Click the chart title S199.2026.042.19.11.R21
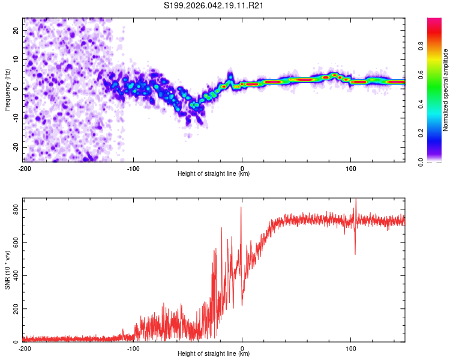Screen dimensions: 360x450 click(x=214, y=5)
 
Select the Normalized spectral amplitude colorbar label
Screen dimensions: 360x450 click(x=446, y=90)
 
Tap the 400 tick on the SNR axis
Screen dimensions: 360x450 click(x=15, y=275)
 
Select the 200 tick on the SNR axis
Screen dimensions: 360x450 click(x=15, y=308)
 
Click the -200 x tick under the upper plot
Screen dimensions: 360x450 click(x=25, y=167)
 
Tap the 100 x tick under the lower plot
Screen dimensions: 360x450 click(x=350, y=347)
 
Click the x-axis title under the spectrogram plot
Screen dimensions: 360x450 click(x=214, y=173)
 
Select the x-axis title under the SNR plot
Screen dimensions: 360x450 click(x=214, y=353)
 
